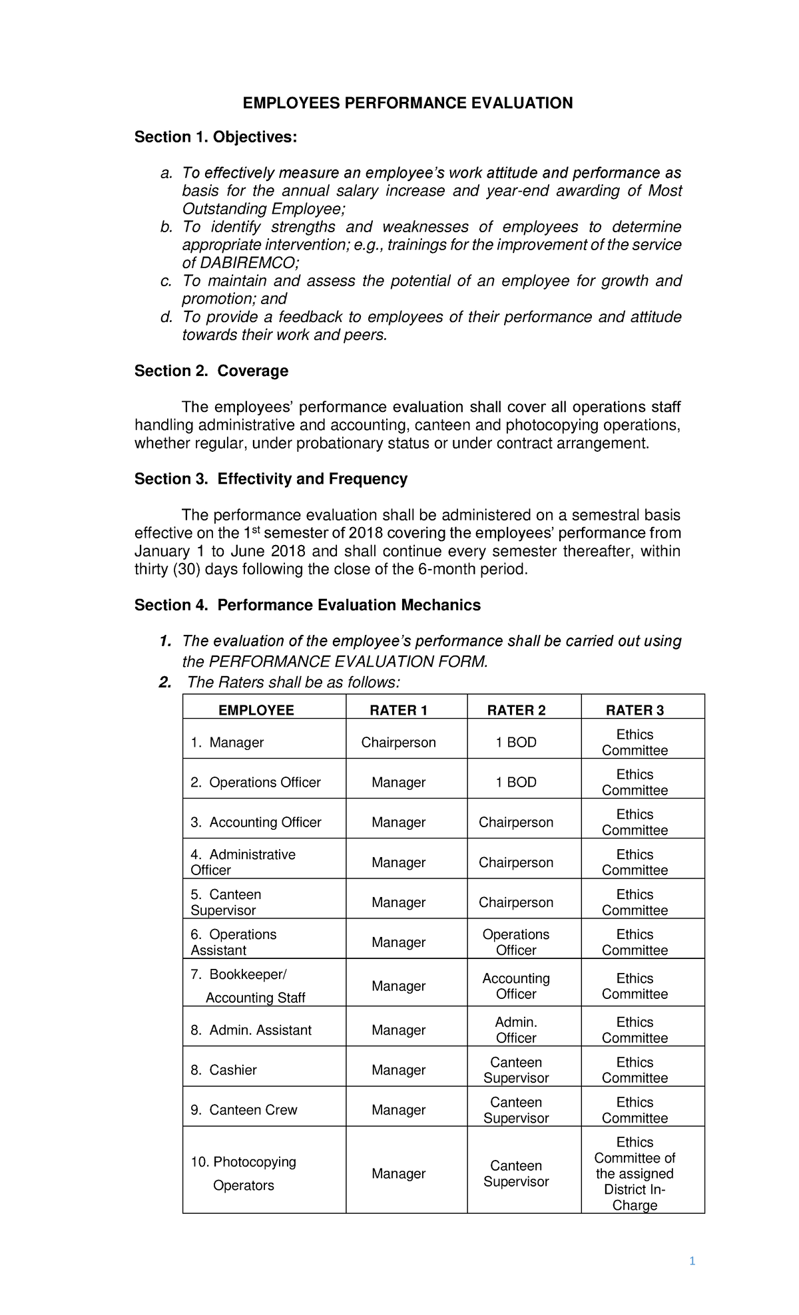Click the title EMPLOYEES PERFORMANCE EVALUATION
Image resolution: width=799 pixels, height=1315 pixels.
click(407, 103)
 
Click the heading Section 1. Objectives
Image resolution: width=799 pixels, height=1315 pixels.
click(216, 137)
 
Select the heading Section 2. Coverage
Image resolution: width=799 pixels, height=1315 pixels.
click(211, 371)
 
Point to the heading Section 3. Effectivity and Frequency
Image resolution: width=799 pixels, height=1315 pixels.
click(270, 479)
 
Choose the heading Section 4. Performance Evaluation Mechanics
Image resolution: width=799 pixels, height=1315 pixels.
click(307, 605)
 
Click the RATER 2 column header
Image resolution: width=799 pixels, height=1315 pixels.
click(516, 710)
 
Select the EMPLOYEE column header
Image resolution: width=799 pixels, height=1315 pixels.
click(256, 710)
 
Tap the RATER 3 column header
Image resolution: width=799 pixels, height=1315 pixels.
click(635, 710)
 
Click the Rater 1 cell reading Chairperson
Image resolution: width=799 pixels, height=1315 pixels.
click(398, 743)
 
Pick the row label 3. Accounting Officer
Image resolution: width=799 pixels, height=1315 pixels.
click(256, 823)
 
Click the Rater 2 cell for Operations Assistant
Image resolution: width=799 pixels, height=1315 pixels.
click(516, 942)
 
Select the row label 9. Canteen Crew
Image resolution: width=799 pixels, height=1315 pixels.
click(244, 1110)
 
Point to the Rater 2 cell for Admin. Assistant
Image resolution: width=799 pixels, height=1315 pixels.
click(516, 1030)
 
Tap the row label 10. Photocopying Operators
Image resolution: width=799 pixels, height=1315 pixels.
click(243, 1174)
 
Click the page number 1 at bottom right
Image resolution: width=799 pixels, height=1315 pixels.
click(692, 1261)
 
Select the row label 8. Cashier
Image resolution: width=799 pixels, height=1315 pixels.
click(224, 1070)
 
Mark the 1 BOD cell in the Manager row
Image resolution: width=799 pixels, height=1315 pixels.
click(516, 743)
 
